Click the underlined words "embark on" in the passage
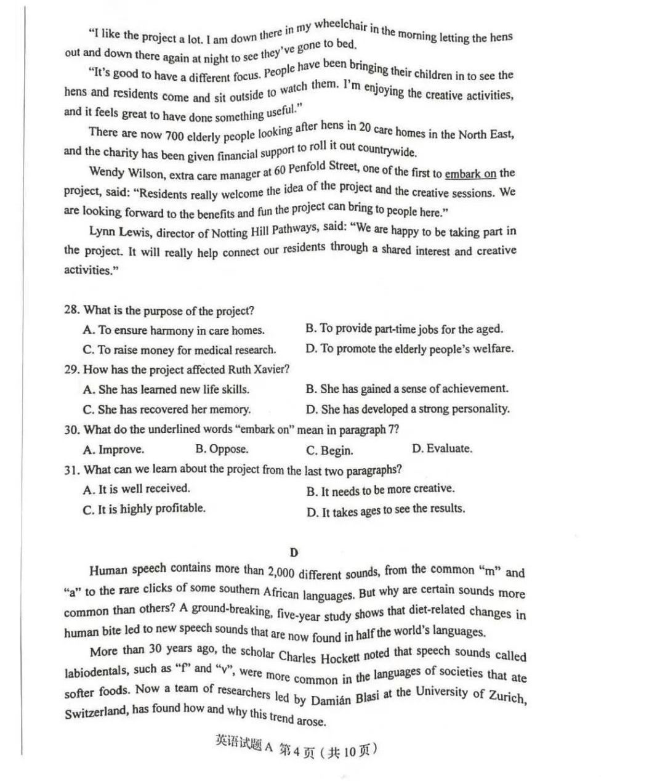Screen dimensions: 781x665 point(470,174)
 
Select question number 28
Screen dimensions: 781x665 point(71,310)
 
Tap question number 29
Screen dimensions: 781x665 point(71,370)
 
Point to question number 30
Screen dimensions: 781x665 point(71,429)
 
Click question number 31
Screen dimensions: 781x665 point(71,469)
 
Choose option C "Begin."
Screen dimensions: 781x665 point(329,450)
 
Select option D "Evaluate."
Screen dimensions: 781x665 point(442,448)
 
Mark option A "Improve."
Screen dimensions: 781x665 point(113,449)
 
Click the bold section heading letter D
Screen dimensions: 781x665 point(294,552)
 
